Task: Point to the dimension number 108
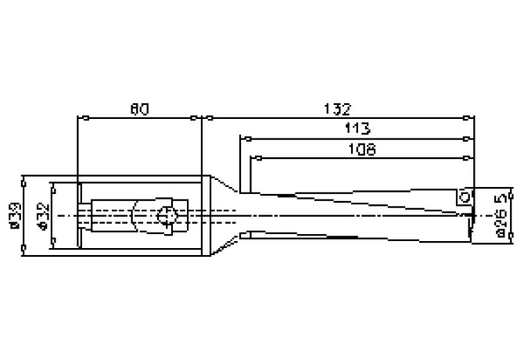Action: pyautogui.click(x=361, y=148)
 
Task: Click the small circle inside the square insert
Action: pyautogui.click(x=465, y=198)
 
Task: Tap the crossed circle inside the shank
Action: pyautogui.click(x=167, y=217)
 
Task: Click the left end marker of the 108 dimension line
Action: pyautogui.click(x=252, y=159)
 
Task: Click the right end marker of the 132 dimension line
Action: pyautogui.click(x=474, y=118)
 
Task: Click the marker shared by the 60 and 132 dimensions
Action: pyautogui.click(x=203, y=118)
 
